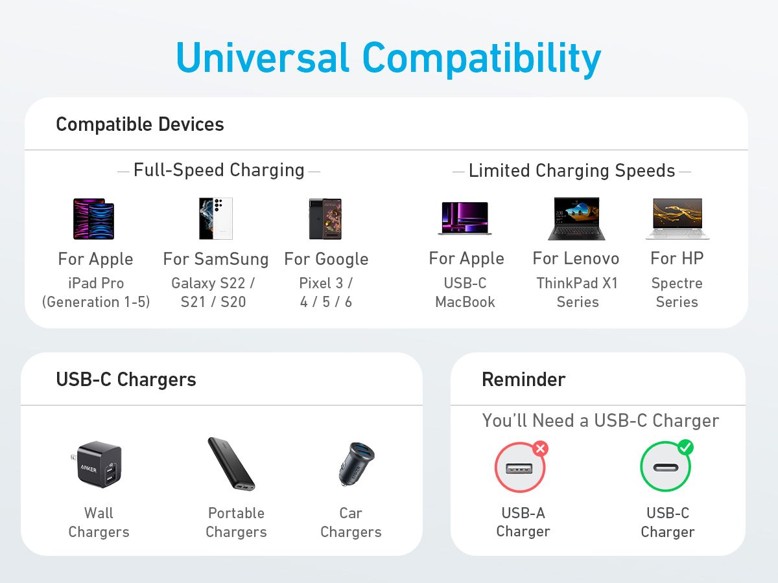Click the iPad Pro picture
[94, 219]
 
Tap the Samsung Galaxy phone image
[215, 218]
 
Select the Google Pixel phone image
[325, 219]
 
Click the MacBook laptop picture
[465, 218]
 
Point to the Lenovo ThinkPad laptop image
[576, 219]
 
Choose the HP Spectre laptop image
[678, 219]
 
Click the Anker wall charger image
[99, 464]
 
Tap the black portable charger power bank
[231, 464]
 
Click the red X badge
[540, 448]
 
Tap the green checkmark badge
[685, 448]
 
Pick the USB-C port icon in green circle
[665, 468]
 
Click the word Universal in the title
[263, 58]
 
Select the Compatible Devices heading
[140, 124]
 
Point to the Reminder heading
[523, 380]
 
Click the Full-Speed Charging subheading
[219, 170]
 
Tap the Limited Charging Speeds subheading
[572, 171]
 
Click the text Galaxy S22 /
[213, 283]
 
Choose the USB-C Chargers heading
[126, 380]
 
